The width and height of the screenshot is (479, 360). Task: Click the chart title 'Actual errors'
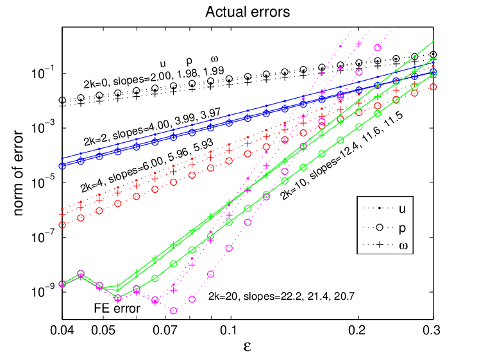coord(248,12)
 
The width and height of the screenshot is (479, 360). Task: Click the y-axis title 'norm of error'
coord(19,174)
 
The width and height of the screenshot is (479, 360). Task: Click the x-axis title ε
coord(248,347)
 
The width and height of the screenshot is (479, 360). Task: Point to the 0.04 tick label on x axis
coord(62,330)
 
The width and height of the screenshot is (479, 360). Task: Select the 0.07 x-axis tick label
coord(165,330)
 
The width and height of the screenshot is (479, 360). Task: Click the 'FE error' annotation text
coord(117,309)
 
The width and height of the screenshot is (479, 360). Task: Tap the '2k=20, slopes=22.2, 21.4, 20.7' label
coord(282,296)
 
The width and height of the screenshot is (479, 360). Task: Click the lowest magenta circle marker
coord(174,311)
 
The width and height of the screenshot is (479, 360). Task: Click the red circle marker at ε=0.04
coord(62,225)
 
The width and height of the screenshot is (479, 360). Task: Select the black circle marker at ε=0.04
coord(62,100)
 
